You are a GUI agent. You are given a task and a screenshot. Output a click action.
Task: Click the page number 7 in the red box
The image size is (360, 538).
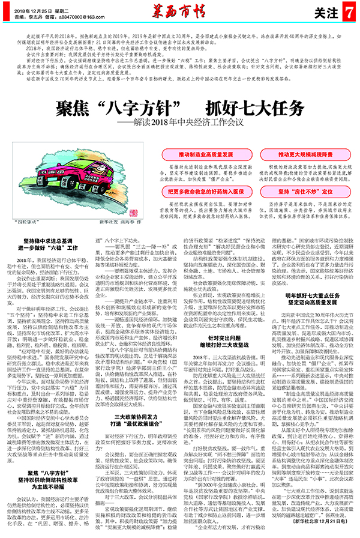click(x=347, y=11)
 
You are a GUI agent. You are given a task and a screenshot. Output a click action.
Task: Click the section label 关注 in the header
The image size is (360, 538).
click(x=321, y=11)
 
